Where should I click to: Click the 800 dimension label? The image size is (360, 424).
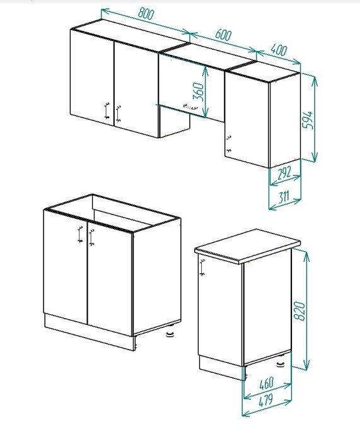point(146,13)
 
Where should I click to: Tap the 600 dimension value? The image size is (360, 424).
point(224,35)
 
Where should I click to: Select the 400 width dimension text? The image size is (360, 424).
point(279,50)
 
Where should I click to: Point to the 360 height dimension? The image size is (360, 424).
point(198,91)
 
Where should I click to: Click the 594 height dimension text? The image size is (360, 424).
point(308,120)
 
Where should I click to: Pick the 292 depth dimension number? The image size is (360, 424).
point(284,173)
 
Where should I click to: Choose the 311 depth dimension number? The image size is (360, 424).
point(284,197)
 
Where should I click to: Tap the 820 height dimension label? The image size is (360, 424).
point(299,311)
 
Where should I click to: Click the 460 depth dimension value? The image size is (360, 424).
point(267,384)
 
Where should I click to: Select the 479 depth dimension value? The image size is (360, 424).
point(266,401)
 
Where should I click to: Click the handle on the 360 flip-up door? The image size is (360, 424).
point(190,107)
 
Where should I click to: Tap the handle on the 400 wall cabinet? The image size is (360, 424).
point(229,144)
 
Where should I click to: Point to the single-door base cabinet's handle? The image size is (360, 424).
point(202,268)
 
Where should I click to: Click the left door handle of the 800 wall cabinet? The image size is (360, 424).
point(107,110)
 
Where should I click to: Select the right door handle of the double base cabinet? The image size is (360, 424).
point(91,238)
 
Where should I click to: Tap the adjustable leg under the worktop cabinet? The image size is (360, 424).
point(281,363)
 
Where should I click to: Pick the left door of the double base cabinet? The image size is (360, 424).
point(66,266)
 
